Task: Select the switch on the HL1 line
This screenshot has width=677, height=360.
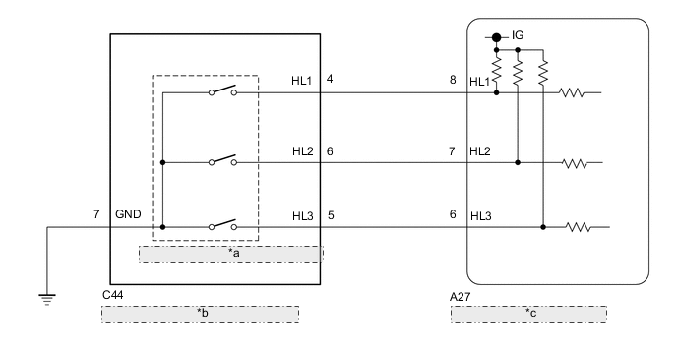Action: [221, 93]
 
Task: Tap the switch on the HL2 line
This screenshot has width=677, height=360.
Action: [221, 160]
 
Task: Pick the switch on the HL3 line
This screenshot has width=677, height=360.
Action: [221, 226]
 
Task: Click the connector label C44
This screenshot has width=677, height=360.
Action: [113, 294]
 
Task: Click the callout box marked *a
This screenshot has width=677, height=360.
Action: [230, 254]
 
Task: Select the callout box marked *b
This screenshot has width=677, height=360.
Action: [200, 314]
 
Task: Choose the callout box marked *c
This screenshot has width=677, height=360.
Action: [528, 314]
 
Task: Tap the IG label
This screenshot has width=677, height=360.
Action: [518, 36]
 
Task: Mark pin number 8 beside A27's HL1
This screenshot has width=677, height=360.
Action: [453, 79]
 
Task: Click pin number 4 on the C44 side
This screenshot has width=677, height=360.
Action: [330, 79]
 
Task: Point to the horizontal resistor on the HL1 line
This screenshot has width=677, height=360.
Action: [573, 94]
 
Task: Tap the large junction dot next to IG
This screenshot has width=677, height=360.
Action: [498, 37]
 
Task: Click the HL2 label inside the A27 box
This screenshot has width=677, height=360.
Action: [480, 151]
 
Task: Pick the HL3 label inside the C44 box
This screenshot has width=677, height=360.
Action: [302, 214]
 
